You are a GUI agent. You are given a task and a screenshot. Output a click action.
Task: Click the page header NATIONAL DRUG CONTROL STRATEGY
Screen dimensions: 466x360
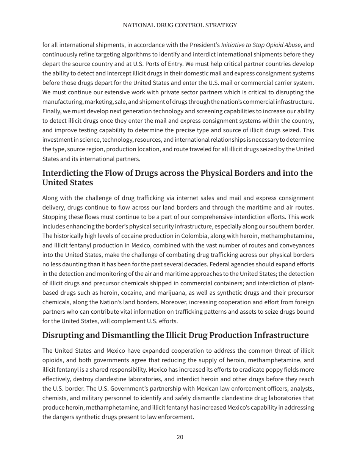[180, 25]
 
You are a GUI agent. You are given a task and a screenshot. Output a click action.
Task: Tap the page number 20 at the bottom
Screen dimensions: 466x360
[180, 437]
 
